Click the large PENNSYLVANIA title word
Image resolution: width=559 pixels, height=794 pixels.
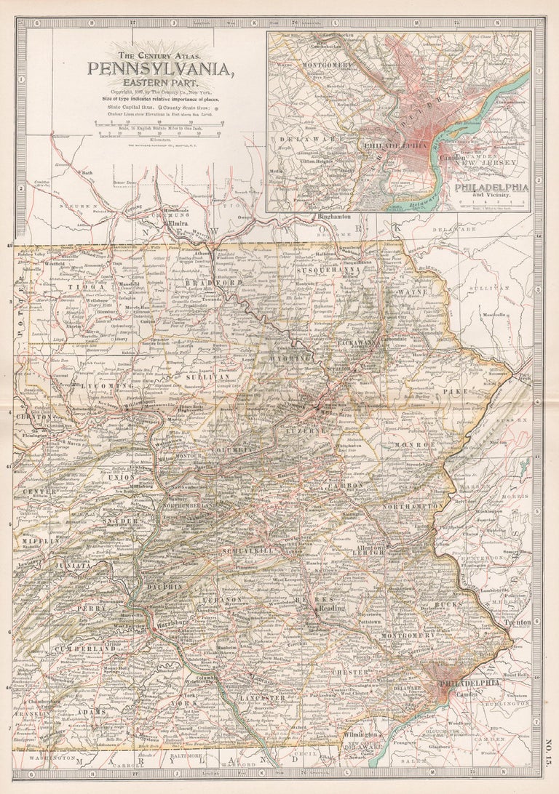point(161,69)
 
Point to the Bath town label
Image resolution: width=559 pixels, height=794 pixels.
point(88,172)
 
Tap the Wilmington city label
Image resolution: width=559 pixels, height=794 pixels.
point(362,735)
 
